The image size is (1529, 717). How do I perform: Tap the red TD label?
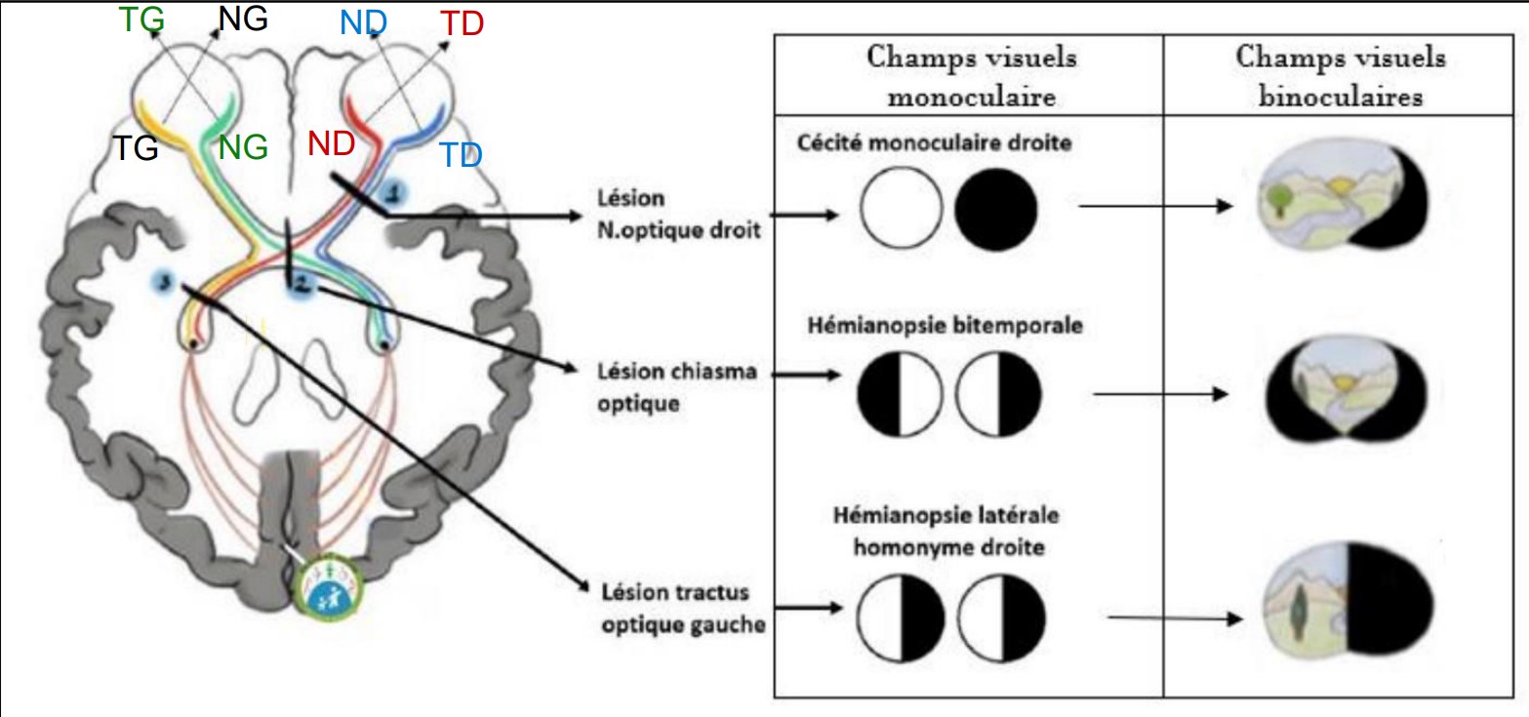pyautogui.click(x=462, y=24)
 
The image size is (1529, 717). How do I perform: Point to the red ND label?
pyautogui.click(x=330, y=143)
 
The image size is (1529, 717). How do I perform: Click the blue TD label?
pyautogui.click(x=459, y=154)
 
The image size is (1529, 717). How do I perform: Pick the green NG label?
pyautogui.click(x=243, y=146)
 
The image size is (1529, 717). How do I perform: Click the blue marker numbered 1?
pyautogui.click(x=392, y=189)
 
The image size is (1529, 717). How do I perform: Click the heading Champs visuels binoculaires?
pyautogui.click(x=1341, y=77)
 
